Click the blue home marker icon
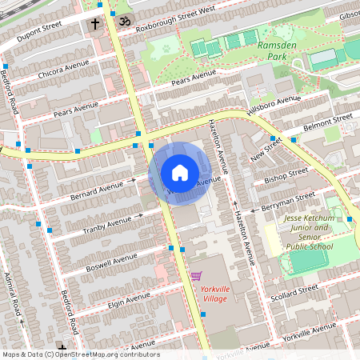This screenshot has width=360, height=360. pos(180,173)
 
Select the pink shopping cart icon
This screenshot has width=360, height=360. pos(196,276)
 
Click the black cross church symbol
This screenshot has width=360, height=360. pos(94,24)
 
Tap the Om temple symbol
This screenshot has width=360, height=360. pos(123,20)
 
